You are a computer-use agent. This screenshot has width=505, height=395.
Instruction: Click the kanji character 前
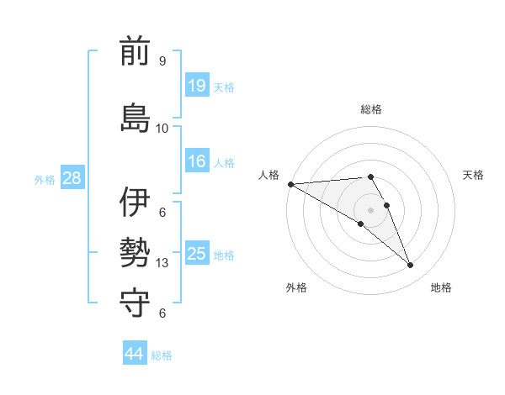coord(135,53)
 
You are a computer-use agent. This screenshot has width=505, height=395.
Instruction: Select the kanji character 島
coord(135,118)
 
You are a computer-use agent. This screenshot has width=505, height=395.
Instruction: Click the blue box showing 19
coord(197,86)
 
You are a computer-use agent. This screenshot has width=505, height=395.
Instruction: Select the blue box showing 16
coord(197,162)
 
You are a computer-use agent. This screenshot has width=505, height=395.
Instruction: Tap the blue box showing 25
coord(197,254)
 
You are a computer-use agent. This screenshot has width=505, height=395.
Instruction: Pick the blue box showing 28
coord(72,178)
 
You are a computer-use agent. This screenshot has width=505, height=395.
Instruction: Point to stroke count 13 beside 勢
coord(162,263)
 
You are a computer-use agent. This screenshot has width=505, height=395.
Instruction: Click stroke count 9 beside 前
coord(162,61)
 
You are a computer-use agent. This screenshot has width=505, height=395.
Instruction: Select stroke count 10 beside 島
coord(162,128)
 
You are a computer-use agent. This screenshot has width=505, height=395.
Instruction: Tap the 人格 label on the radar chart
coord(268,174)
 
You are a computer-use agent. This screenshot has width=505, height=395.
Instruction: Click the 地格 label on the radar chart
coord(441,287)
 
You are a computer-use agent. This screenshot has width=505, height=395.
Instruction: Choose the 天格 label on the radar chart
coord(473,174)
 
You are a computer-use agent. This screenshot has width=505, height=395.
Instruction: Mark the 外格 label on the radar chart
coord(296,287)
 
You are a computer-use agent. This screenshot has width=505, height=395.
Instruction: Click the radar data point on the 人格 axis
coord(290,184)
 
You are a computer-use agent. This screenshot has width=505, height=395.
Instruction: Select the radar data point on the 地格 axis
coord(411,266)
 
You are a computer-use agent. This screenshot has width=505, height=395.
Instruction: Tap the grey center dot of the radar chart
coord(370,210)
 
